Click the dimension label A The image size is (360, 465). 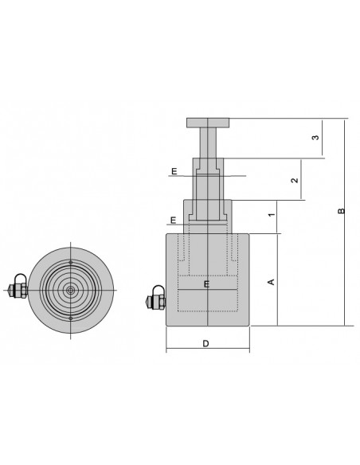point(270,282)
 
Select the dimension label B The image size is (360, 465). point(341,212)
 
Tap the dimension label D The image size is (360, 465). point(206,344)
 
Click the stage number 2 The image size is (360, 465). point(295,181)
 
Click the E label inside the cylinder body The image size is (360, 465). point(205,283)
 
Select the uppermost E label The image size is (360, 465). point(173,170)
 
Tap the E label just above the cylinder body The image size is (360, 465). point(173,220)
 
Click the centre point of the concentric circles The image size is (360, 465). point(70,290)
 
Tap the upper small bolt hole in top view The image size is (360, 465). point(70,261)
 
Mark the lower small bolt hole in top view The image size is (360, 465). point(70,319)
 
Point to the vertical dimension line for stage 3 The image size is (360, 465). point(326,139)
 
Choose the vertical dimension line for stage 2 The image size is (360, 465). point(304,179)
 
